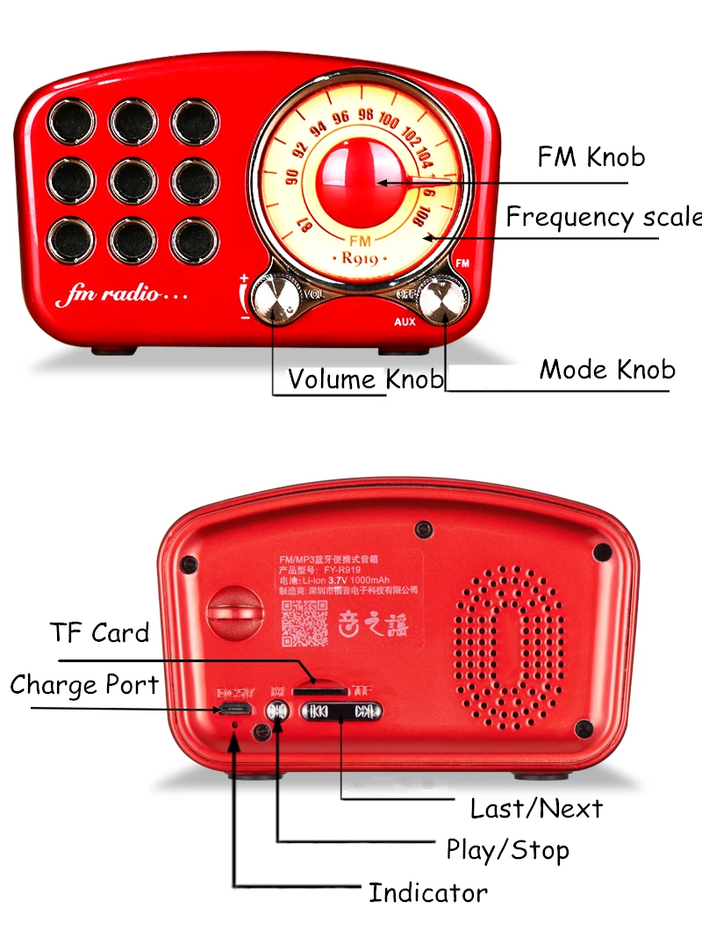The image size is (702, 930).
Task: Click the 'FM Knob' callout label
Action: tap(591, 157)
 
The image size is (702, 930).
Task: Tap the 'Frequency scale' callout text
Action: tap(604, 216)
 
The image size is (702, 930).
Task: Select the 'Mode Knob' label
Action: tap(607, 369)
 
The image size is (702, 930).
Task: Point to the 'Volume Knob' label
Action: tap(365, 379)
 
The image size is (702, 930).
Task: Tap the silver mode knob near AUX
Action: tap(439, 300)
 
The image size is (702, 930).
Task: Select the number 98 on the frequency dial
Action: tap(366, 115)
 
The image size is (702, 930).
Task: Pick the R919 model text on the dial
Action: tap(359, 258)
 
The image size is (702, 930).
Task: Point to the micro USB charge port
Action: tap(234, 710)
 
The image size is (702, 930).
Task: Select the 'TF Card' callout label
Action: tap(99, 632)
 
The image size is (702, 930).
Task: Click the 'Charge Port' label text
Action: tap(84, 685)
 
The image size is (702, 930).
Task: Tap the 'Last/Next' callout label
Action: tap(536, 808)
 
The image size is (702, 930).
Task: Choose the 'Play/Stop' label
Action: tap(507, 849)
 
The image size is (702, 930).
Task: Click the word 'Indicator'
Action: tap(427, 893)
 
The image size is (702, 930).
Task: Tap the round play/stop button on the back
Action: tap(277, 712)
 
